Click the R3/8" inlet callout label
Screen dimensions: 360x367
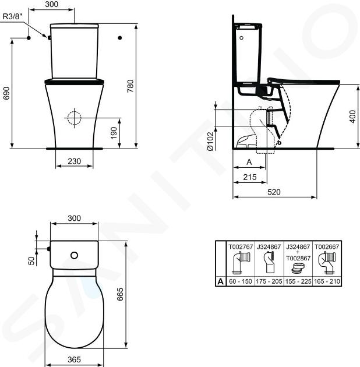pos(13,16)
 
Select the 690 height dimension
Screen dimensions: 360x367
pos(6,93)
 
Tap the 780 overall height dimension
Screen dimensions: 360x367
pos(130,86)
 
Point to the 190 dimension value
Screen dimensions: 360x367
pos(114,133)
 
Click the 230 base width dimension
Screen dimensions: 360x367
pos(74,161)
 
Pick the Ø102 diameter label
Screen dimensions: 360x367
pos(210,142)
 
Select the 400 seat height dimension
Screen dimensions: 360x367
pos(352,117)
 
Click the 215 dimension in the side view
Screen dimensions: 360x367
pos(250,177)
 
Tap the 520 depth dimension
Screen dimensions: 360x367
pos(274,192)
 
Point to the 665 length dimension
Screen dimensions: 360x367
pos(119,294)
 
